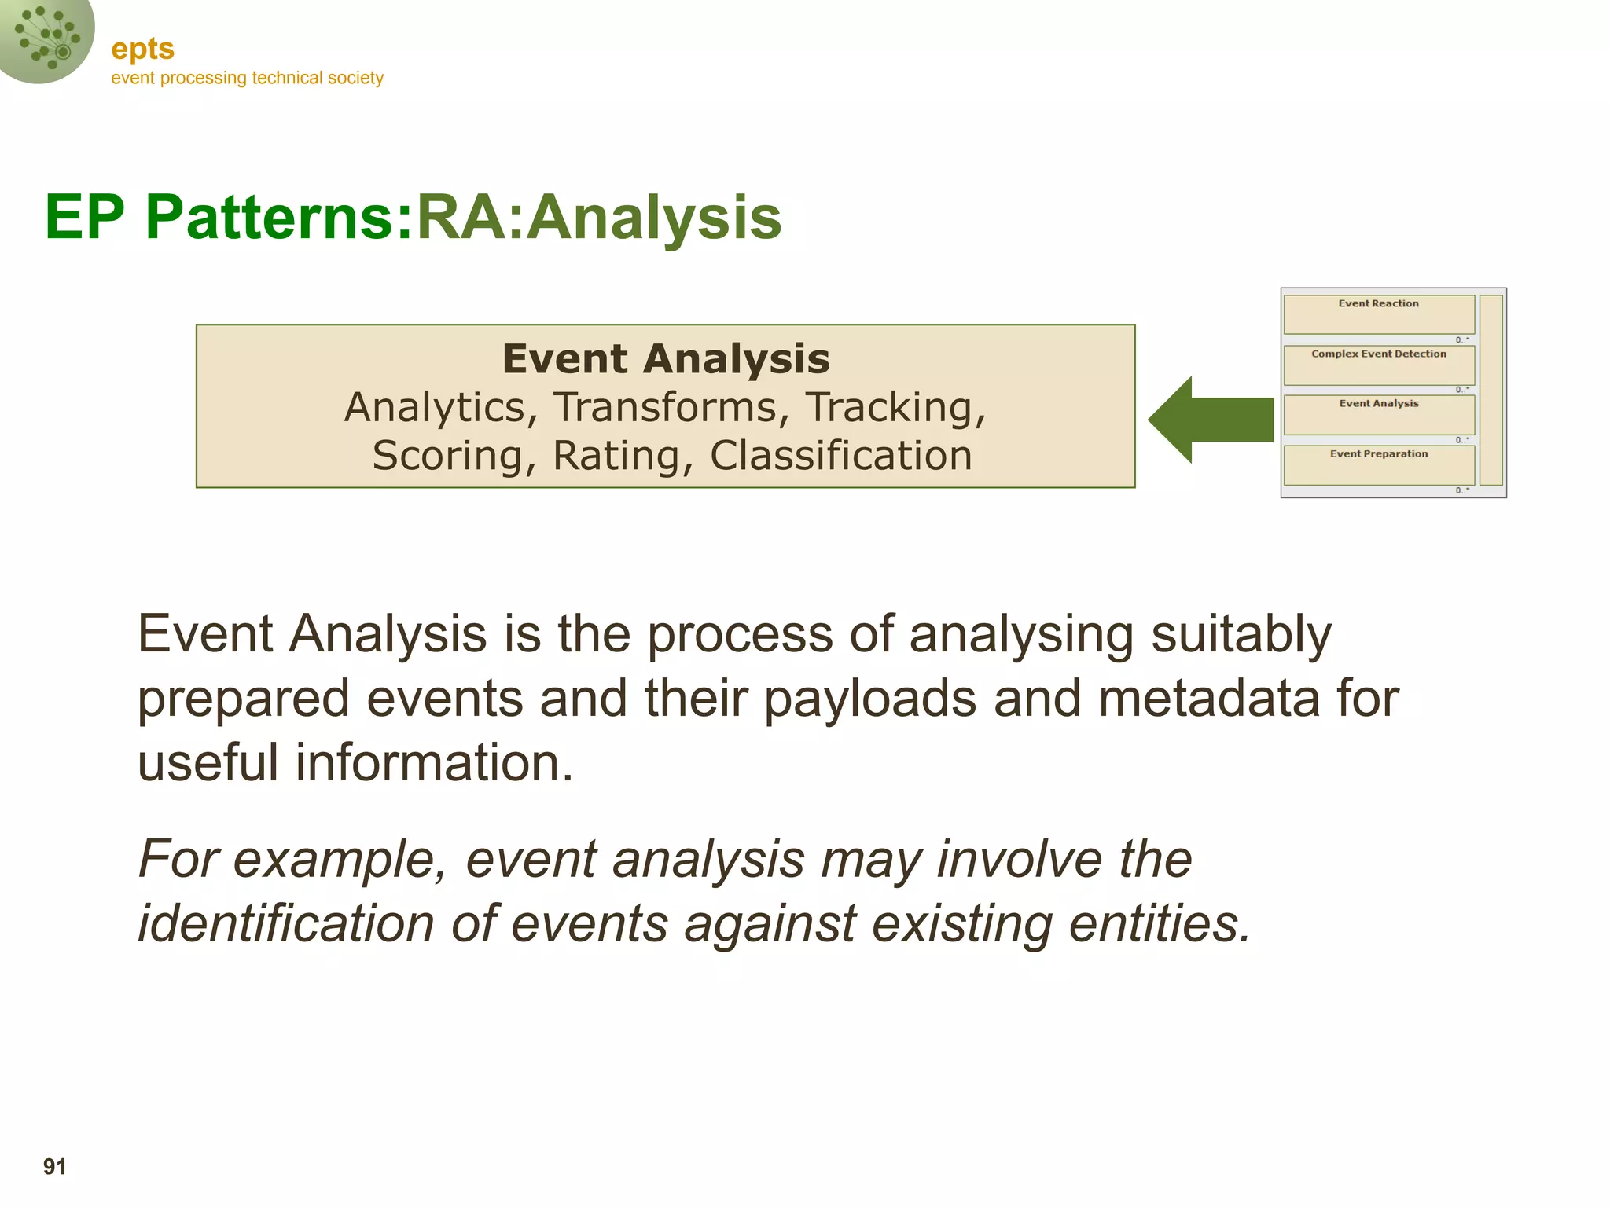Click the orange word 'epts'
142,50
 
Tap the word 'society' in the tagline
356,78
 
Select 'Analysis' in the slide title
654,217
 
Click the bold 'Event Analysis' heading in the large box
666,359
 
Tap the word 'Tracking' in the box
895,407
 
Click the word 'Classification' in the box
840,456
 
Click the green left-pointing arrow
1210,420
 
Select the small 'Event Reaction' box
1379,314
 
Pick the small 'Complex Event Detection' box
1379,364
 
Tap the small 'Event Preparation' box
1379,464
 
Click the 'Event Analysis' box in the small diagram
1379,414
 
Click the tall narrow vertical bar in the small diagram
1491,390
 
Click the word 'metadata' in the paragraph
1209,698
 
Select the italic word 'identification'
286,923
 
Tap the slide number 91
55,1166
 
